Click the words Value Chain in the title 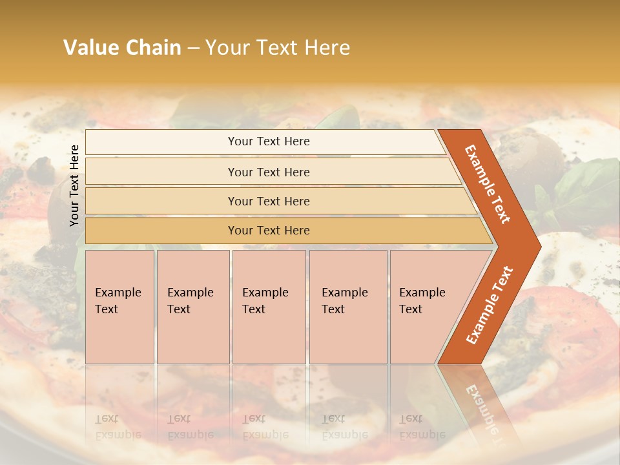(x=122, y=48)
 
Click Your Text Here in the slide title (x=277, y=48)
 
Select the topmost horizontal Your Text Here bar (x=269, y=141)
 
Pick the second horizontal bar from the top (x=269, y=172)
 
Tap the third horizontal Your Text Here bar (x=269, y=201)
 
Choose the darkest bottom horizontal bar (x=269, y=231)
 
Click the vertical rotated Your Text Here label (x=74, y=185)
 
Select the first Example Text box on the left (x=119, y=307)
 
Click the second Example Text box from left (x=192, y=307)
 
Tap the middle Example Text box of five (x=268, y=307)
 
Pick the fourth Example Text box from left (x=347, y=307)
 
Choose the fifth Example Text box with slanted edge (x=426, y=307)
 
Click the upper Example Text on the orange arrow (x=488, y=184)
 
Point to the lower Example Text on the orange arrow (x=489, y=305)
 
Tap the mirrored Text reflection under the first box (x=107, y=418)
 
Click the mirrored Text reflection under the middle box (x=254, y=418)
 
